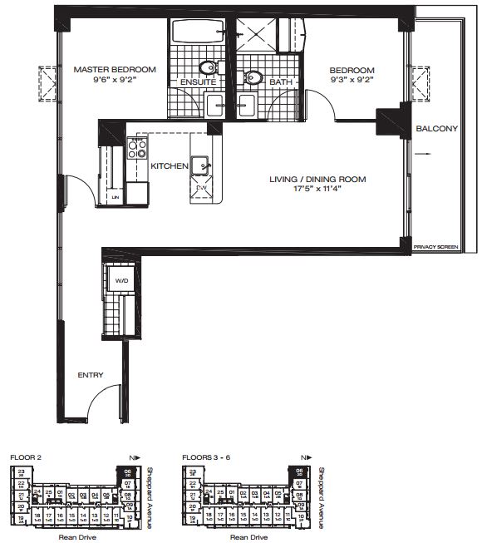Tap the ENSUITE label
199,82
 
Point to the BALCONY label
437,128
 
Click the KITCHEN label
169,166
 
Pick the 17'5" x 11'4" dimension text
306,189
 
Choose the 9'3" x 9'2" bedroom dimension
352,81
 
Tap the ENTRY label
91,375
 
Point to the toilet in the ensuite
209,67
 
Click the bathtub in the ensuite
196,36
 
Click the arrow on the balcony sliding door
425,153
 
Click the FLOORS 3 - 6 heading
209,457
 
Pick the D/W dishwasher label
201,189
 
